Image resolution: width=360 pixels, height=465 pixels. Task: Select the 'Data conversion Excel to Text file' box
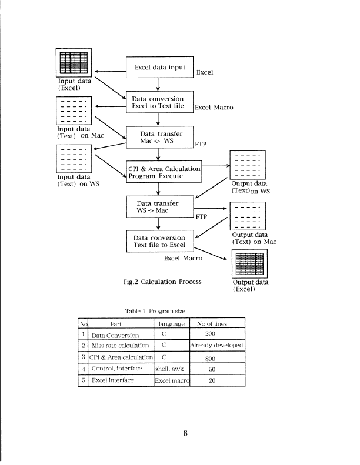click(x=157, y=102)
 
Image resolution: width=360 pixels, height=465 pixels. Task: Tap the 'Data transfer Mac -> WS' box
click(x=157, y=138)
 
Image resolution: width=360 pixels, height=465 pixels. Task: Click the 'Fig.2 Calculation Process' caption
click(x=162, y=282)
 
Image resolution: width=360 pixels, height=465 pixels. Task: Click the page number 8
click(x=185, y=434)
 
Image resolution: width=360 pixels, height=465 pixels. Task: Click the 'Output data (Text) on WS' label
click(x=250, y=188)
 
